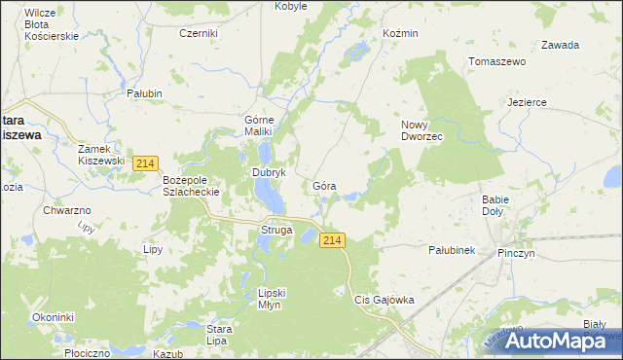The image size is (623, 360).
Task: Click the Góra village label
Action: coord(325,185)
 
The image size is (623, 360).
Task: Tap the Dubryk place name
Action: coord(268,172)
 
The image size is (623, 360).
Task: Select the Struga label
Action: coord(276,230)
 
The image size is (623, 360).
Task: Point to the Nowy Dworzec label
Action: coord(421,130)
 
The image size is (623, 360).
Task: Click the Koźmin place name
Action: coord(400,33)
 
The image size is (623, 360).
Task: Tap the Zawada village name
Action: coord(560,45)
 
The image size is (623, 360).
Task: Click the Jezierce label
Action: coord(527,102)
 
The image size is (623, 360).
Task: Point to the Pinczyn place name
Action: coord(516,253)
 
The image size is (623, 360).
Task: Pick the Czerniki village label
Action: coord(198,32)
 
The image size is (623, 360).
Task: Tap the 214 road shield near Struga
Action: coord(333,240)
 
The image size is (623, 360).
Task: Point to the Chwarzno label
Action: coord(67,209)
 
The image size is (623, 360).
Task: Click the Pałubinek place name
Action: coord(451,250)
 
